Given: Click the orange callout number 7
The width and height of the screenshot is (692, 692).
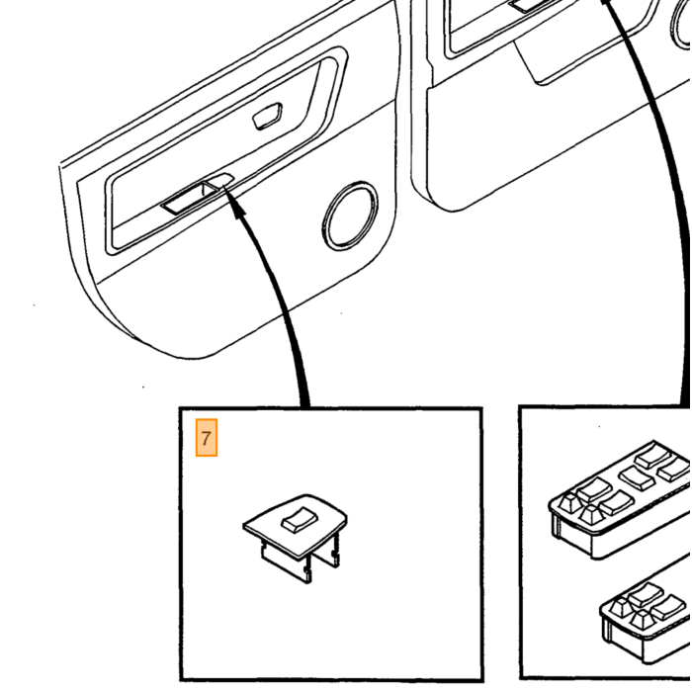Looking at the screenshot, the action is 206,437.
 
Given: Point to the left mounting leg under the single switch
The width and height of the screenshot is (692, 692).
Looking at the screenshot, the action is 285,561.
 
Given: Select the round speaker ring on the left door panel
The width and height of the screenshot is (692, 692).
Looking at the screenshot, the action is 350,216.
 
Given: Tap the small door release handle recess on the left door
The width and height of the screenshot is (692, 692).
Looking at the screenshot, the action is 268,116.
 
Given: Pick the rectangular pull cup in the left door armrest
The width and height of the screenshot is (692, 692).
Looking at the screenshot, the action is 190,198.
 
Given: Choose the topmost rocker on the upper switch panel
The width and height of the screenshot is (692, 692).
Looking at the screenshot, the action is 651,456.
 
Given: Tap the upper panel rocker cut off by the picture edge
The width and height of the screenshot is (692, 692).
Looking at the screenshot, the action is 675,470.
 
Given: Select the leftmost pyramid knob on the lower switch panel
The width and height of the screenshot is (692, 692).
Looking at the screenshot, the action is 621,607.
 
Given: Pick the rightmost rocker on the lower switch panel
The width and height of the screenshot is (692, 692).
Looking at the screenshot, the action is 667,607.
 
